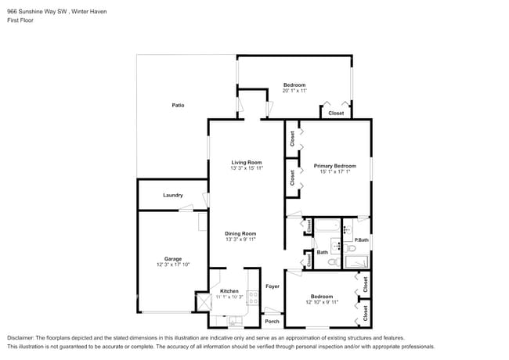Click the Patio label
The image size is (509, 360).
pos(179,105)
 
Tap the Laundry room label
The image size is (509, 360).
pos(173,196)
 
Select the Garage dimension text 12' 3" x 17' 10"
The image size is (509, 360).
pos(173,265)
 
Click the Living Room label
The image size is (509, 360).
pos(246,162)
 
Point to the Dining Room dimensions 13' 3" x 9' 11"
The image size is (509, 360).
pos(240,239)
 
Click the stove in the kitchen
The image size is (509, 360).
pos(253,297)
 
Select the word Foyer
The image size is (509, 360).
pos(272,286)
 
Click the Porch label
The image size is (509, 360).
pos(272,322)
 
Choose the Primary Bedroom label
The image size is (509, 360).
pos(334,166)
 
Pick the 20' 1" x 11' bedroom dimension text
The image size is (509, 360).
pos(294,91)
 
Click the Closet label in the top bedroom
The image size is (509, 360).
pos(335,113)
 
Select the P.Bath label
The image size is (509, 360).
pos(362,240)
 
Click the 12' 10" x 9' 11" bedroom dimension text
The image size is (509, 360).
pos(322,302)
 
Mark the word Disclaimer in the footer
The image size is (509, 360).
pos(21,337)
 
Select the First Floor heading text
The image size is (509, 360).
pos(22,20)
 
